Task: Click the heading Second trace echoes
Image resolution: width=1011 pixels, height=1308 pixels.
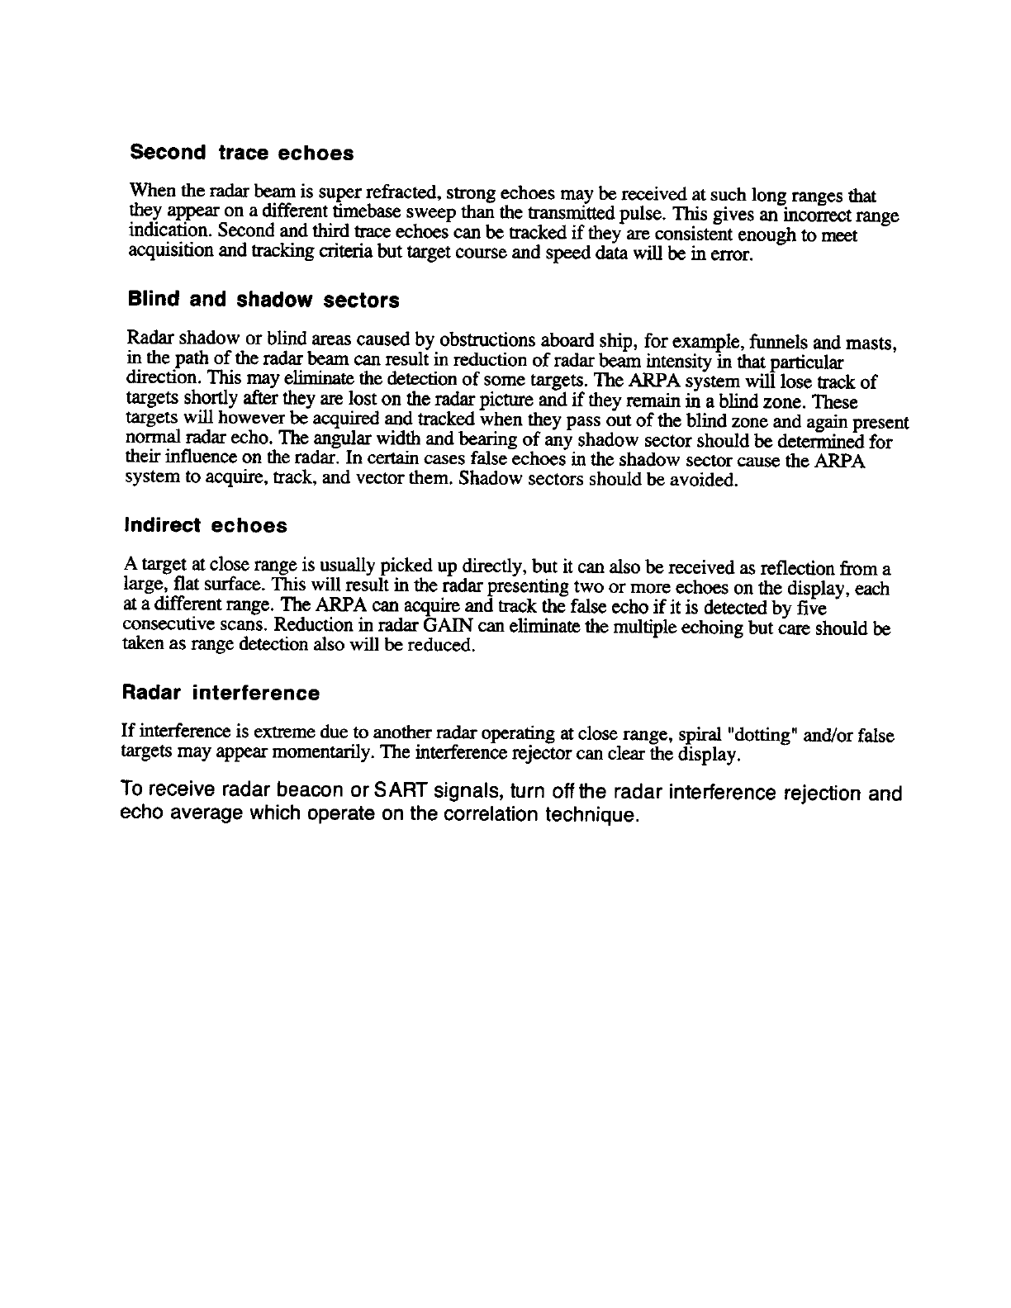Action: [x=242, y=154]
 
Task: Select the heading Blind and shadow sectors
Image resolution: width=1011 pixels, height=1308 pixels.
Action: [x=263, y=300]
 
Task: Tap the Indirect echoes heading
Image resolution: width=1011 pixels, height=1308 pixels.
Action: [x=205, y=526]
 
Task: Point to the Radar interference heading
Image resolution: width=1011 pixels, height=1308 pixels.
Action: [x=221, y=693]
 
